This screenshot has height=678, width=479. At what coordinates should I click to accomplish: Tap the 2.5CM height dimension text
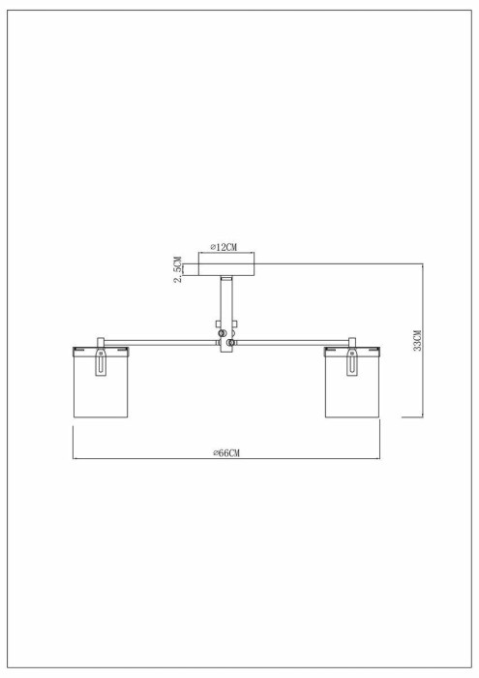[x=178, y=268]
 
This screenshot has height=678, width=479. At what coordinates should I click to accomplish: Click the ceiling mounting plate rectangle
[x=227, y=263]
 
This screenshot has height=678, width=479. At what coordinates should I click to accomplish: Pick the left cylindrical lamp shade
[x=101, y=387]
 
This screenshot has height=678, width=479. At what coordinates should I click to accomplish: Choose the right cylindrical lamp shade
[x=352, y=387]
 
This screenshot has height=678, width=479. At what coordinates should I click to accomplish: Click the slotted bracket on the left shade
[x=100, y=366]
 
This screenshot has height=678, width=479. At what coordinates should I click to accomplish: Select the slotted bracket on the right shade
[x=352, y=366]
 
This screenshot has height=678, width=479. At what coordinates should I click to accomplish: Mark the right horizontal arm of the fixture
[x=290, y=342]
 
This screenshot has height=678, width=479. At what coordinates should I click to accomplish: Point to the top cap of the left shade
[x=101, y=350]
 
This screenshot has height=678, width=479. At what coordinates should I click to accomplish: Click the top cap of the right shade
[x=352, y=350]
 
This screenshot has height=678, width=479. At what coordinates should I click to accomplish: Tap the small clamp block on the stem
[x=221, y=325]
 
